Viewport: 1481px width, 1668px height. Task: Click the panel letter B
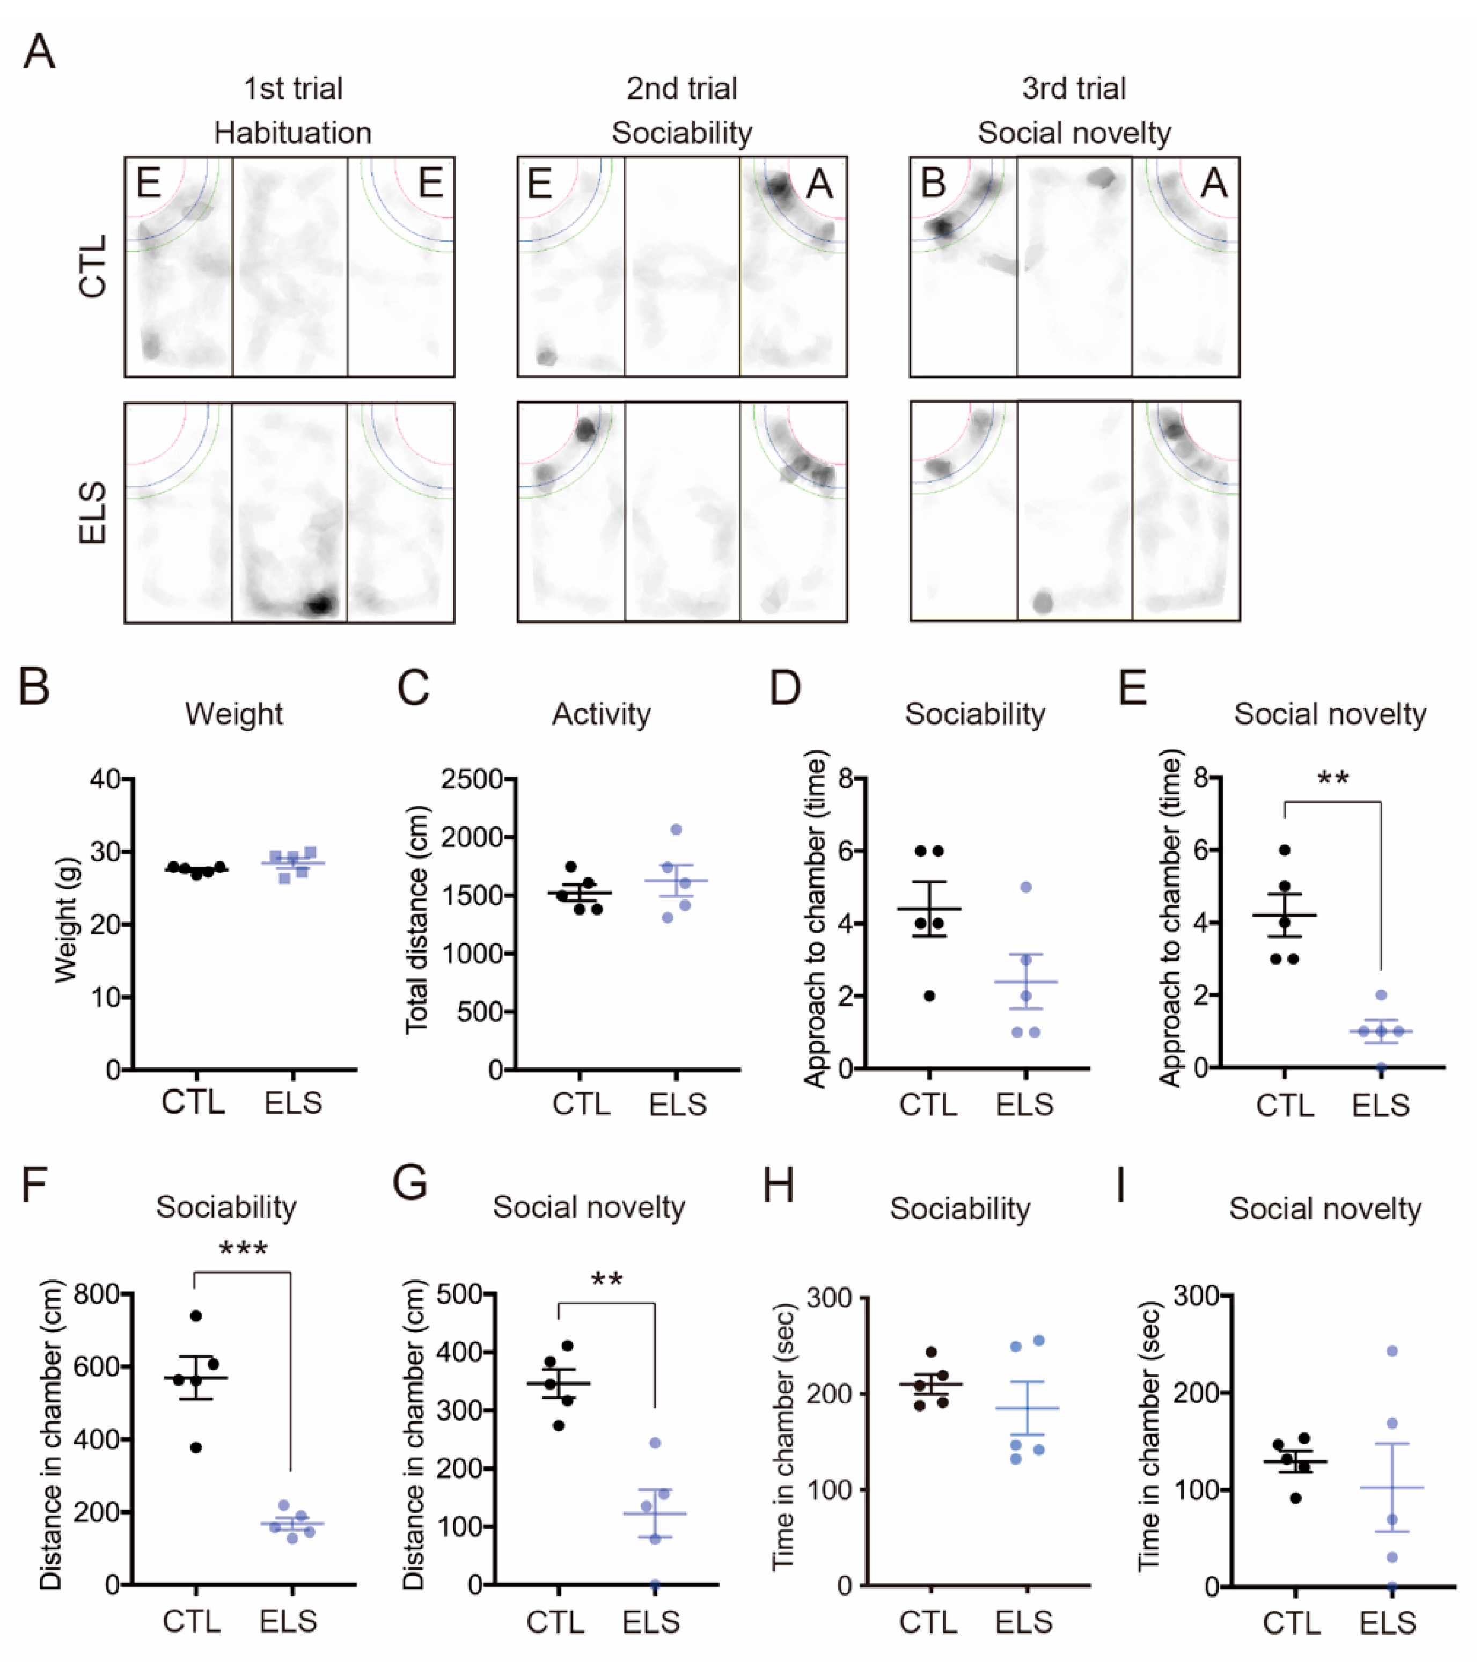pyautogui.click(x=34, y=687)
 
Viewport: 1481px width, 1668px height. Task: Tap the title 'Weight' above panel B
pyautogui.click(x=234, y=714)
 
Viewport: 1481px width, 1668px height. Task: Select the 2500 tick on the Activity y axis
pyautogui.click(x=472, y=779)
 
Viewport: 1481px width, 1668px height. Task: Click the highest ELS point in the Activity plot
pyautogui.click(x=677, y=830)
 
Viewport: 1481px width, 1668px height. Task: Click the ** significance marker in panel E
pyautogui.click(x=1332, y=779)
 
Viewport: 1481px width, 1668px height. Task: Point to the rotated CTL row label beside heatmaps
pyautogui.click(x=93, y=266)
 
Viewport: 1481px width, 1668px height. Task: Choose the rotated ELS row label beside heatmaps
pyautogui.click(x=93, y=513)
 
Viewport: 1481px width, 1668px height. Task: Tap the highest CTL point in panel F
pyautogui.click(x=196, y=1315)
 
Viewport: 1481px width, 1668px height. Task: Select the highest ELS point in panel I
pyautogui.click(x=1392, y=1351)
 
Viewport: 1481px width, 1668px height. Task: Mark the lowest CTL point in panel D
pyautogui.click(x=929, y=996)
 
